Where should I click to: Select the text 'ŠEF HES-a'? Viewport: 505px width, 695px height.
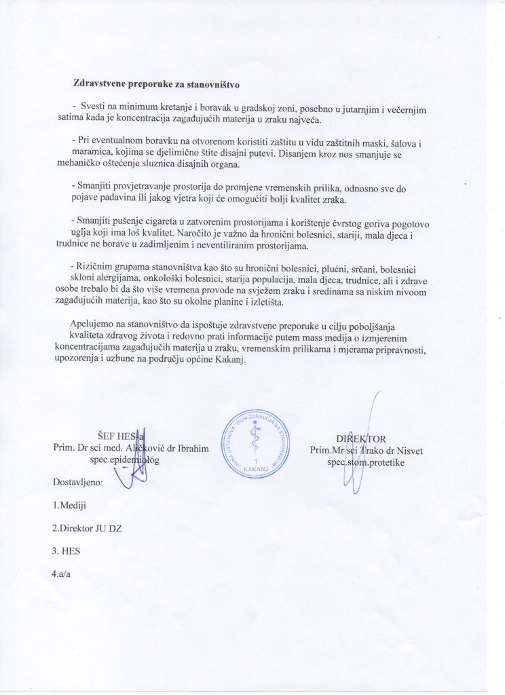(121, 436)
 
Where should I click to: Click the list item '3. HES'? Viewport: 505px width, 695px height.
(67, 550)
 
